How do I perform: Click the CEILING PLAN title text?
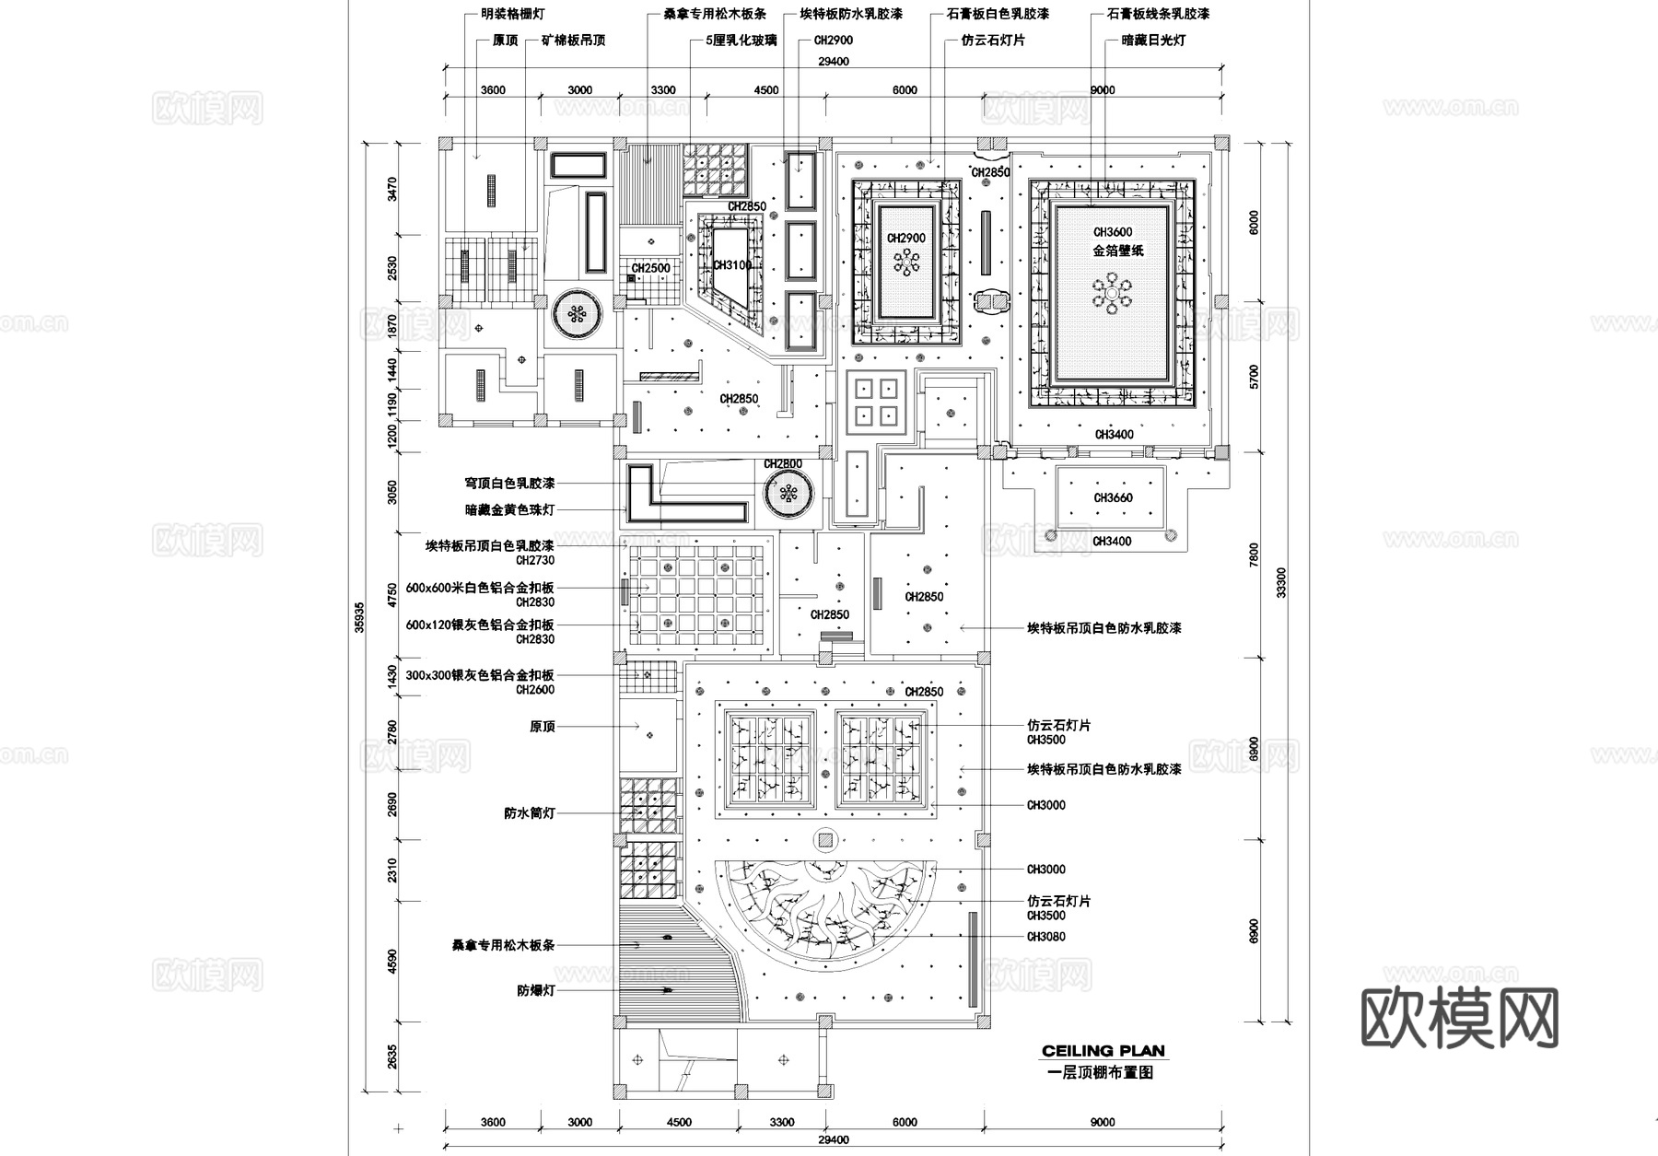pos(1103,1051)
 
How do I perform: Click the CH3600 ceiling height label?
pos(1113,233)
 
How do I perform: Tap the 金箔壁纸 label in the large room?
pos(1117,251)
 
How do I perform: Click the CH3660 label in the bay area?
pos(1113,498)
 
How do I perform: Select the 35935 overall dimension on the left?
pos(360,617)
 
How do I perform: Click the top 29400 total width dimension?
pos(833,62)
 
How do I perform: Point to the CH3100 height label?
pos(732,265)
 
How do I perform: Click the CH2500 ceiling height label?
pos(650,268)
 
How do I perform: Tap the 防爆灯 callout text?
pos(536,991)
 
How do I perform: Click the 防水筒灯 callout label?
pos(530,813)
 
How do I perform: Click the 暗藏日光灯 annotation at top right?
pos(1153,41)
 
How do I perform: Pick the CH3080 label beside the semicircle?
pos(1045,937)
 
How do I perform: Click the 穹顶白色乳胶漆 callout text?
pos(509,483)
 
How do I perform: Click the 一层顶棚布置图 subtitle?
pos(1101,1072)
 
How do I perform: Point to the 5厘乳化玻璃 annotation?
pos(741,41)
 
